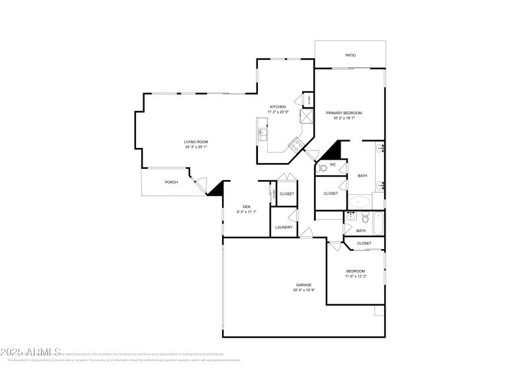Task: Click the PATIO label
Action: click(350, 55)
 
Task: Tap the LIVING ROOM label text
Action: click(195, 141)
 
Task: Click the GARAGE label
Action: click(303, 285)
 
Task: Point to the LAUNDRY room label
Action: click(284, 228)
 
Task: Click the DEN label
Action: click(247, 207)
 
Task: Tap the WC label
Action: click(332, 165)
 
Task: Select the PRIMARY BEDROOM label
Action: click(344, 113)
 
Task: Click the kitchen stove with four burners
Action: click(296, 144)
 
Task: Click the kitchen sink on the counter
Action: click(262, 134)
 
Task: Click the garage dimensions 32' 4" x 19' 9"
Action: click(303, 290)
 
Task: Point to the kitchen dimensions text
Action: click(278, 112)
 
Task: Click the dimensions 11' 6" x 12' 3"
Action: click(355, 276)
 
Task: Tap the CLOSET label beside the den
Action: click(287, 194)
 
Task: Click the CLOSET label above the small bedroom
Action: click(364, 243)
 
